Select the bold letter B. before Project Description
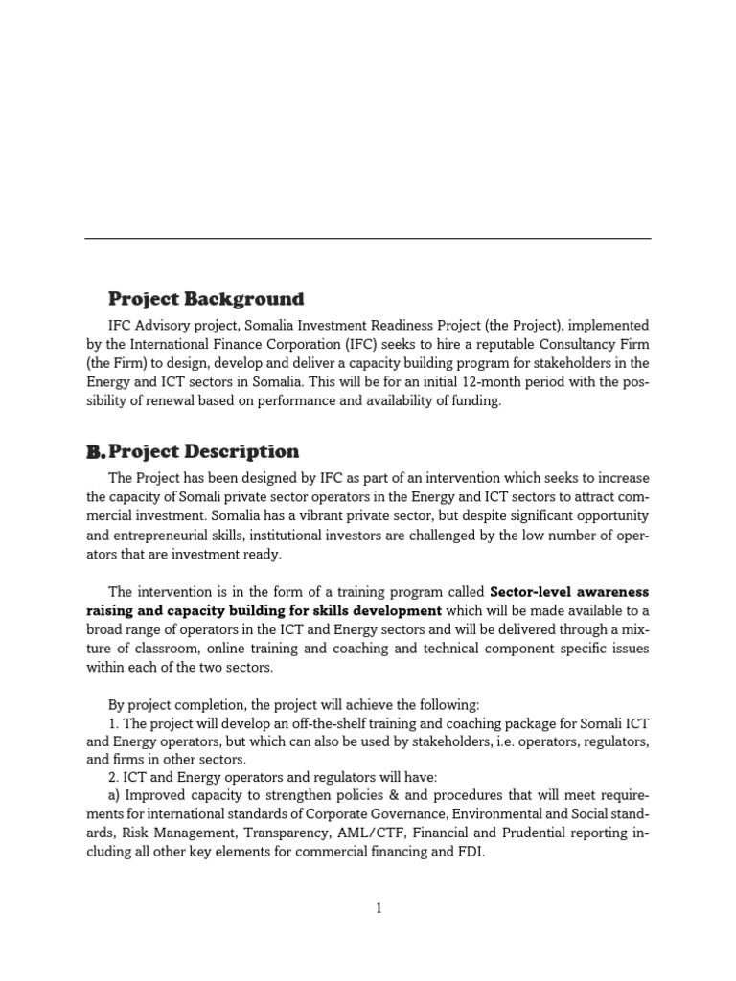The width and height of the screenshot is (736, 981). coord(94,451)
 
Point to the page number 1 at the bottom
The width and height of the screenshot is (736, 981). coord(379,909)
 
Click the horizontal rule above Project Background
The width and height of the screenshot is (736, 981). coord(367,238)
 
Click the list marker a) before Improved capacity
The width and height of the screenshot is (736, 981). coord(115,796)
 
